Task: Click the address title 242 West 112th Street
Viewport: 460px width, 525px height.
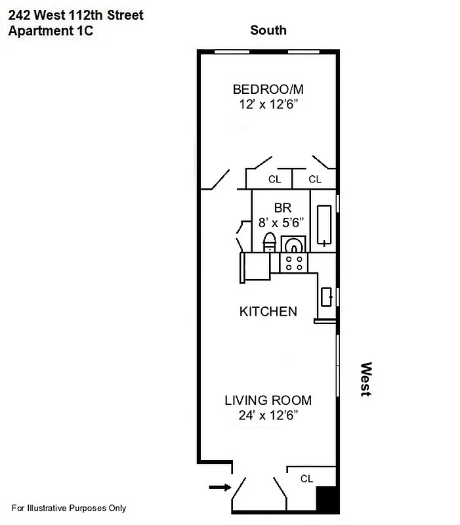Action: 75,14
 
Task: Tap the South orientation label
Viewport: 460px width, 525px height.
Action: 268,30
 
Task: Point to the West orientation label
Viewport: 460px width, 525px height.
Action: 366,379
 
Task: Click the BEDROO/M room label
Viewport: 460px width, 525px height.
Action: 268,89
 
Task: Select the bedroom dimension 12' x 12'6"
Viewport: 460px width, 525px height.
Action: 268,104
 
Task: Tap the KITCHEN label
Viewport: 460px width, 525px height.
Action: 268,311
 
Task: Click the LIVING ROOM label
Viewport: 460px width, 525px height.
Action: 268,400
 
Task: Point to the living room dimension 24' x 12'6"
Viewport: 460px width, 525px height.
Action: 268,415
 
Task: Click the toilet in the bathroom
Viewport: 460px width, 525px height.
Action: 269,243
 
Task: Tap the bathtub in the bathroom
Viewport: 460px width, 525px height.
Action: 325,226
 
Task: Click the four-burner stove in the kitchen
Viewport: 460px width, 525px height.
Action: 294,263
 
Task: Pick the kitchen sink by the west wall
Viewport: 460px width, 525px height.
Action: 327,297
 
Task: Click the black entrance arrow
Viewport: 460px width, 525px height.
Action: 219,488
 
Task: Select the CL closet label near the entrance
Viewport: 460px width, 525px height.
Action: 306,479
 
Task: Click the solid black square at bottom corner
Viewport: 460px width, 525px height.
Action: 327,500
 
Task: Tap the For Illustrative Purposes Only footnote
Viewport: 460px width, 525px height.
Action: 68,508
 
